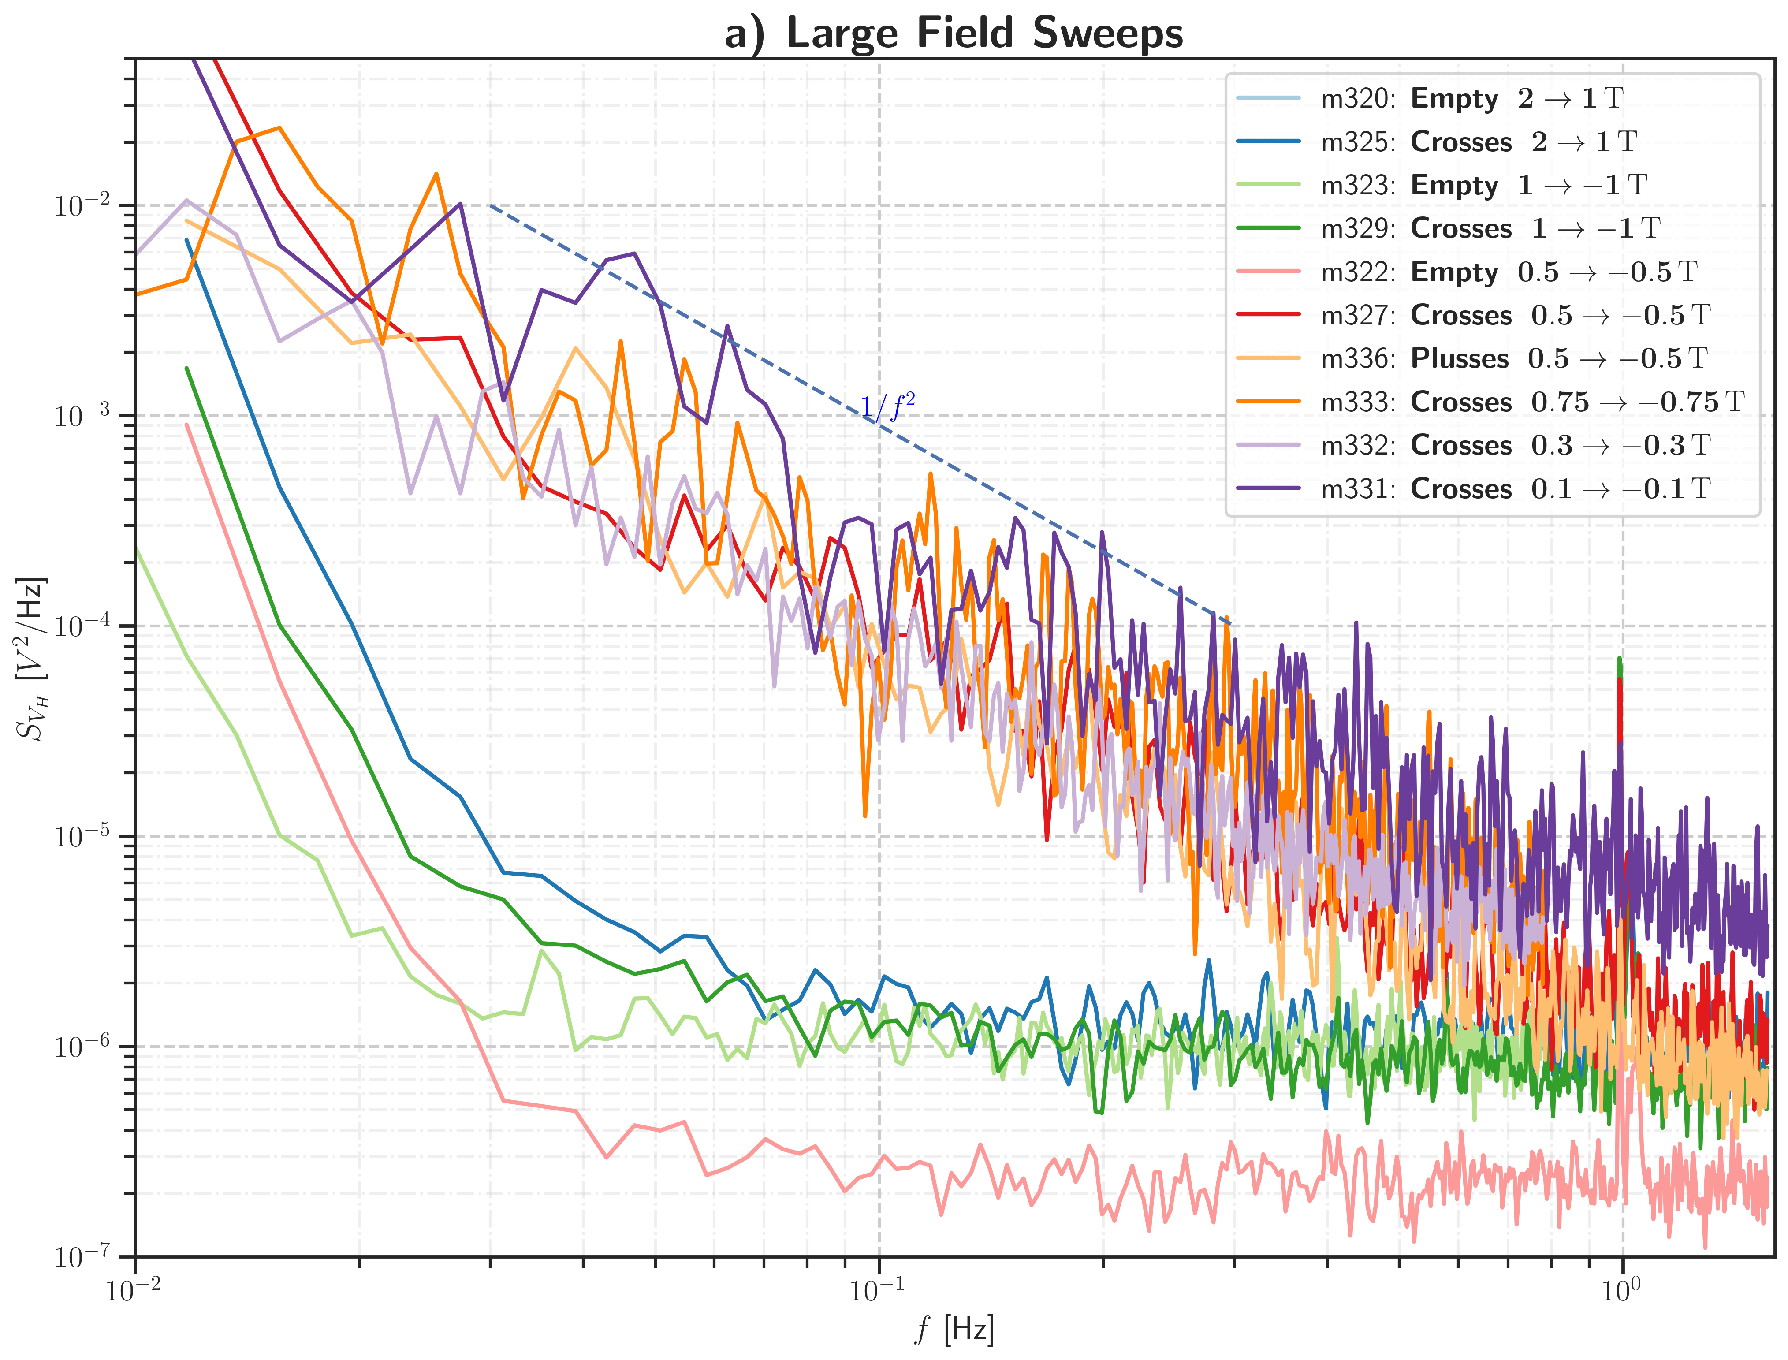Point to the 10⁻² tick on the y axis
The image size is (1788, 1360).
pyautogui.click(x=82, y=205)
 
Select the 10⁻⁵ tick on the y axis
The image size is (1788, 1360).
pyautogui.click(x=82, y=836)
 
